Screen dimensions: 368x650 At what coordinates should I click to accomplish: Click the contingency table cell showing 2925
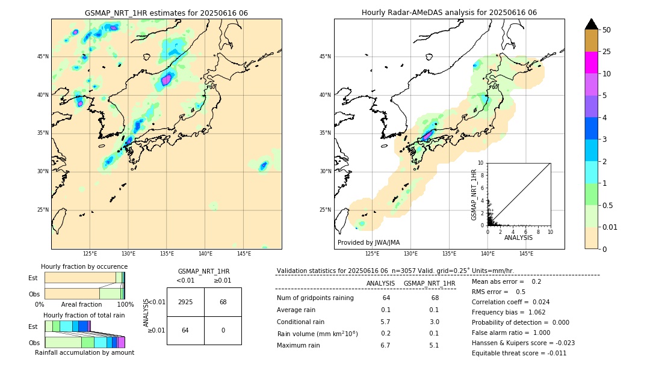tap(185, 302)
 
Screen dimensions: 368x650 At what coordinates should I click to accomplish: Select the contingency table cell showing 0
tap(223, 330)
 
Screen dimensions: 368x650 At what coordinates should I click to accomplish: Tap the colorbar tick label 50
tap(607, 30)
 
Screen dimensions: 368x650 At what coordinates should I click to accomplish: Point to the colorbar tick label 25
tap(607, 52)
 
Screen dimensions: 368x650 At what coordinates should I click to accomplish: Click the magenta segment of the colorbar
tap(591, 63)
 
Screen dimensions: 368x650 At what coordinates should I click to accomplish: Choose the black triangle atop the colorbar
tap(591, 24)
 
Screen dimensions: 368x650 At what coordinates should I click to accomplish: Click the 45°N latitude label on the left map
tap(43, 57)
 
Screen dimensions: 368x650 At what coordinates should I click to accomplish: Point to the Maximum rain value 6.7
tap(386, 345)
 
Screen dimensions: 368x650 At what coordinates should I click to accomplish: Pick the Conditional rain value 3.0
tap(434, 322)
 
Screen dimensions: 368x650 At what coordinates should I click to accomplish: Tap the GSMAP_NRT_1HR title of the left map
tap(166, 13)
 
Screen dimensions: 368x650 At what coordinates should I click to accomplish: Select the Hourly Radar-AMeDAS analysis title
tap(449, 13)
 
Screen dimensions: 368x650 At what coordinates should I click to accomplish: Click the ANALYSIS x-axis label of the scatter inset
tap(518, 238)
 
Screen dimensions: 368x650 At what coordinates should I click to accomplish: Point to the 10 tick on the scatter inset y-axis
tap(481, 163)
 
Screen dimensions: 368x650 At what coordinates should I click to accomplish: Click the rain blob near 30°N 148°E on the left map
tap(264, 165)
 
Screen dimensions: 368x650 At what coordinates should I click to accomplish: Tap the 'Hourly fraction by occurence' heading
tap(84, 266)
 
